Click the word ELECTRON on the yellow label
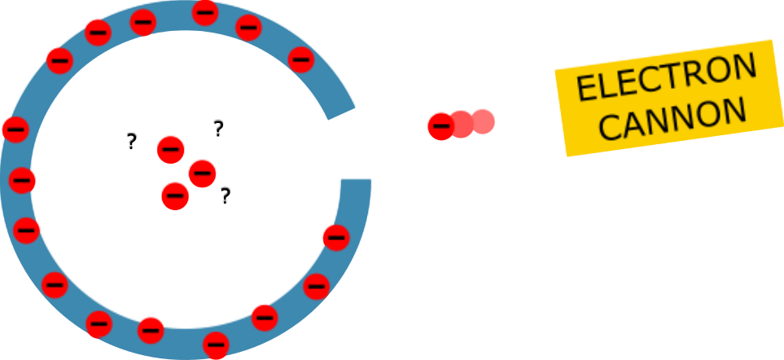click(666, 80)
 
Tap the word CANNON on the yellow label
click(677, 120)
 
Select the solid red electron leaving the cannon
click(440, 125)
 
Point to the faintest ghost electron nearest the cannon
click(484, 121)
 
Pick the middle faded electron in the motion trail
click(462, 124)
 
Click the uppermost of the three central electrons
click(170, 149)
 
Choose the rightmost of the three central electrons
click(202, 172)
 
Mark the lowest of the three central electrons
click(176, 195)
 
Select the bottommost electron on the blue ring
click(215, 345)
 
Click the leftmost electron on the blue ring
click(15, 129)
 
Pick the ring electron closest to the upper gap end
click(300, 59)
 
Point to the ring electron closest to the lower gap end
click(335, 237)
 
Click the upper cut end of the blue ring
click(341, 112)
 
